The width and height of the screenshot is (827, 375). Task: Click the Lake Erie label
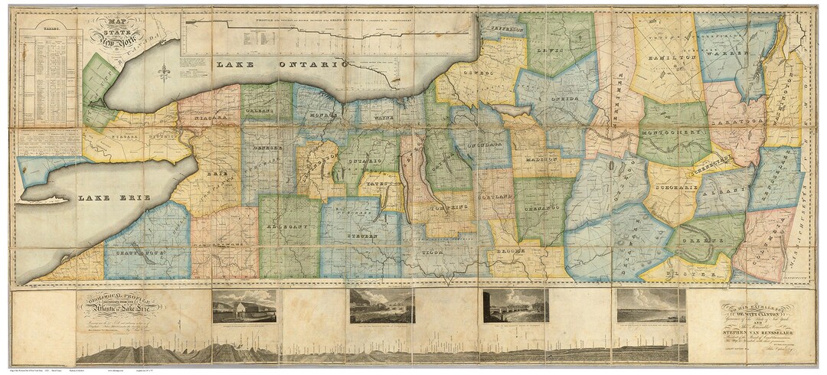click(x=106, y=198)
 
